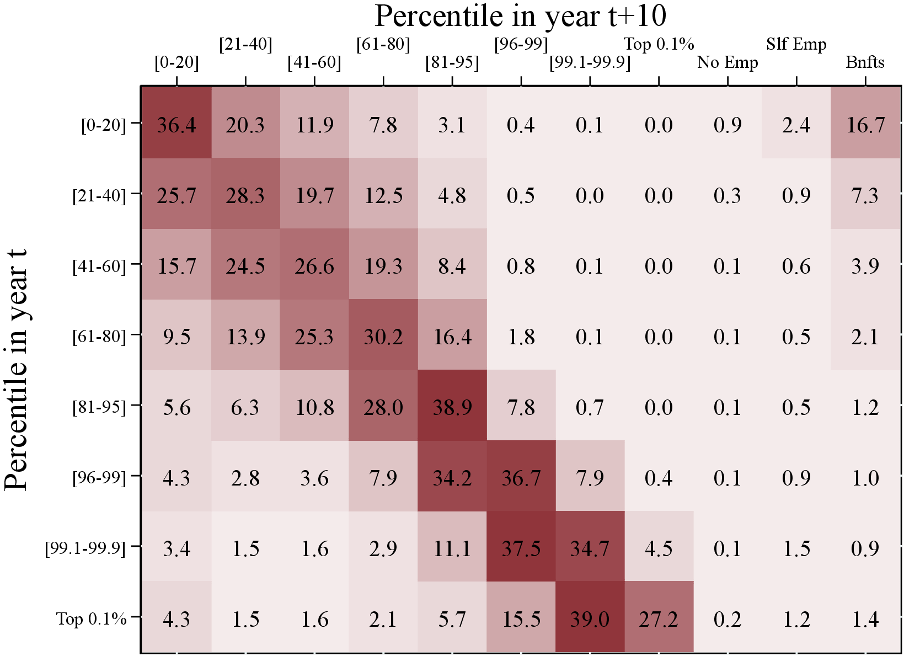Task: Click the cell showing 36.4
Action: click(176, 125)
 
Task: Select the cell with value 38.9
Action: click(452, 407)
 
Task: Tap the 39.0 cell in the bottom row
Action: click(590, 619)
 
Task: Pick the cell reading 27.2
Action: click(659, 619)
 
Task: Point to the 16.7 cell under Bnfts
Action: click(865, 125)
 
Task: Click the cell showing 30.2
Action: click(383, 337)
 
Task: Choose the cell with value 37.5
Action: click(521, 548)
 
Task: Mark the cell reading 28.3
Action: click(245, 196)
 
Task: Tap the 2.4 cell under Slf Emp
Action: click(796, 125)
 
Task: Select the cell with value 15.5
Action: click(521, 619)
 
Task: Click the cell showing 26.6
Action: click(314, 266)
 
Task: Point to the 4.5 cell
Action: click(659, 548)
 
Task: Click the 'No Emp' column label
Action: click(728, 62)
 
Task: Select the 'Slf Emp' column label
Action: click(796, 44)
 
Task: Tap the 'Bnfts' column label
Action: click(865, 62)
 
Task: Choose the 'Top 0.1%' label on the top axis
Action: click(659, 44)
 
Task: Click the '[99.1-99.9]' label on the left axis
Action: click(85, 548)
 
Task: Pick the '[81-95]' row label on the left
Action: click(99, 407)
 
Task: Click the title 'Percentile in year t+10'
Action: click(520, 16)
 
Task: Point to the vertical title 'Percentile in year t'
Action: click(17, 370)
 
